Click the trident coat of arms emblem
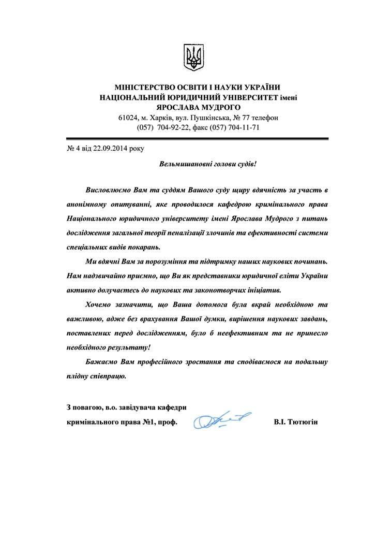tap(195, 57)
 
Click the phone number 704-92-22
tap(174, 127)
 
